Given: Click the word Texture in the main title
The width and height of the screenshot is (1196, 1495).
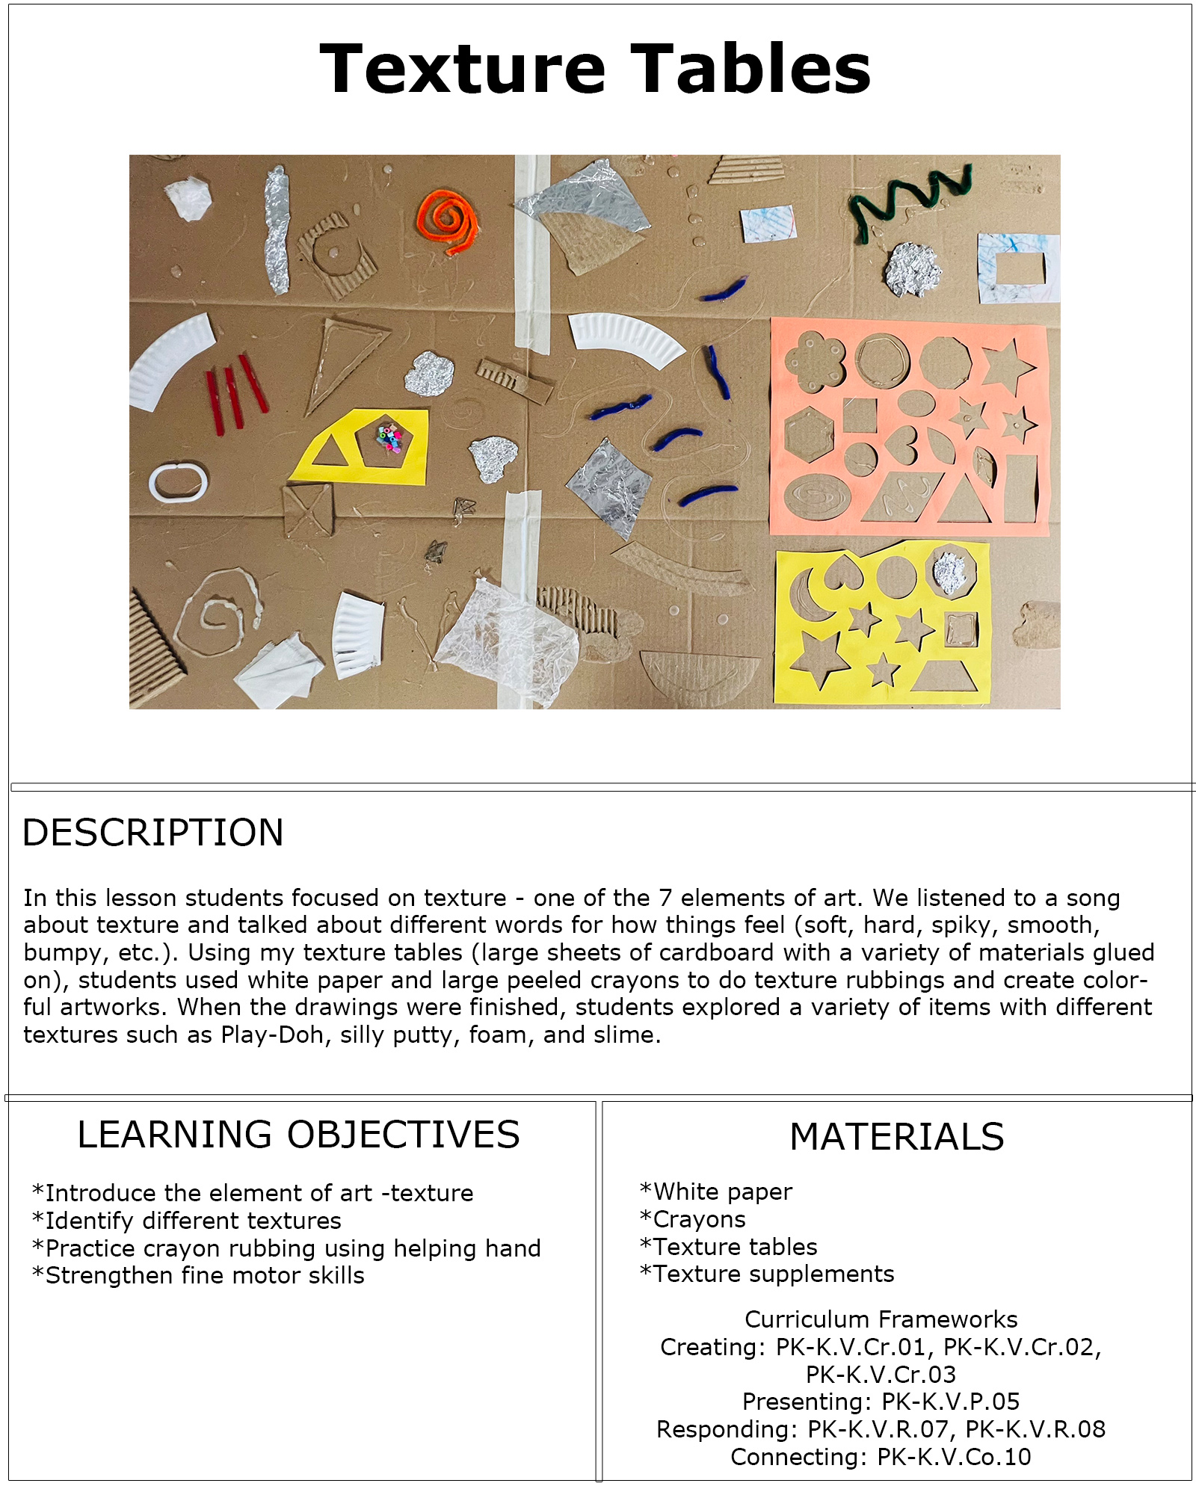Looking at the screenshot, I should pyautogui.click(x=462, y=69).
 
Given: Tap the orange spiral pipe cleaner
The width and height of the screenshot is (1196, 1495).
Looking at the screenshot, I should pyautogui.click(x=447, y=221).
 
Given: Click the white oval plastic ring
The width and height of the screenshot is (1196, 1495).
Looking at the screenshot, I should pyautogui.click(x=178, y=482).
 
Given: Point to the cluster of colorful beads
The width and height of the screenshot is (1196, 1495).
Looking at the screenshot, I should pyautogui.click(x=389, y=437).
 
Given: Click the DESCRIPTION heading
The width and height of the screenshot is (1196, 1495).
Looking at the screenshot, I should pyautogui.click(x=152, y=833).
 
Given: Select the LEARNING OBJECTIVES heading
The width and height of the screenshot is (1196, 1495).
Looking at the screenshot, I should pyautogui.click(x=298, y=1135).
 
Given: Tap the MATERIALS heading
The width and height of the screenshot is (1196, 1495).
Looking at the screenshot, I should pyautogui.click(x=896, y=1137).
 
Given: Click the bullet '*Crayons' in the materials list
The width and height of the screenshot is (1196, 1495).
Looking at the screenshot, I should pyautogui.click(x=693, y=1219).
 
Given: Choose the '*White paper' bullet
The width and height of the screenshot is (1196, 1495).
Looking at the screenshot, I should pyautogui.click(x=716, y=1192).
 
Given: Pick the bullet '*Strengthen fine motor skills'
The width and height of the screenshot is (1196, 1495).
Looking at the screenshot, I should pyautogui.click(x=198, y=1275).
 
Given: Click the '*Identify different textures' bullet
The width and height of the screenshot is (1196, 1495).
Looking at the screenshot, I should pyautogui.click(x=187, y=1221).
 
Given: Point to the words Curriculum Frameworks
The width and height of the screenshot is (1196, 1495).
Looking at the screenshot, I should pyautogui.click(x=881, y=1319).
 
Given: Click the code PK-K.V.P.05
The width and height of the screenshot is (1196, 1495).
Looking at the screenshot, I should pyautogui.click(x=950, y=1402).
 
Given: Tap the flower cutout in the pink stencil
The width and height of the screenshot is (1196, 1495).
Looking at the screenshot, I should pyautogui.click(x=815, y=361).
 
